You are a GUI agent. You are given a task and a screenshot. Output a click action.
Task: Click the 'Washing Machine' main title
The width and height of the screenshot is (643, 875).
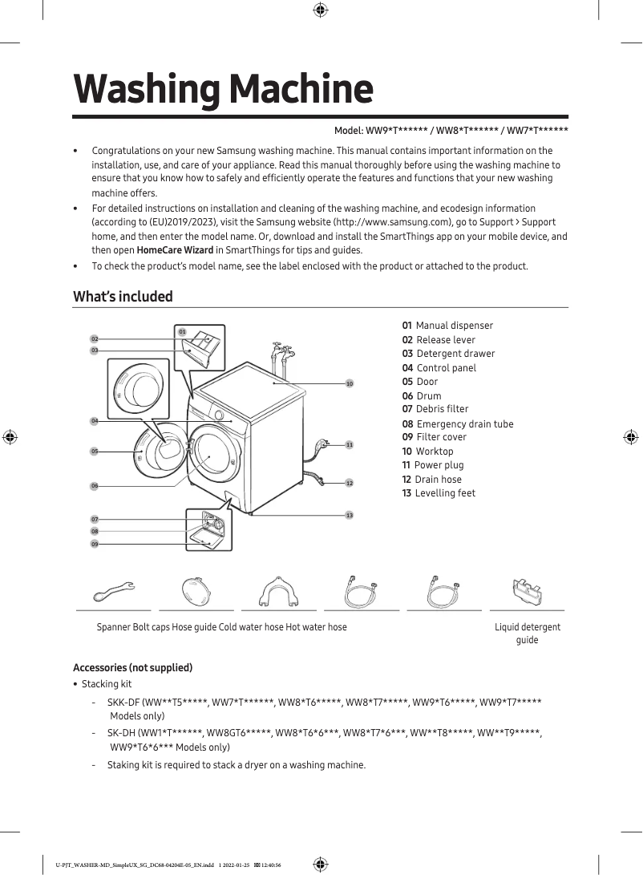[223, 89]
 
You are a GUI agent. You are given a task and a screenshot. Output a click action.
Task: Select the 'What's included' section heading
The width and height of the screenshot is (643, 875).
[123, 297]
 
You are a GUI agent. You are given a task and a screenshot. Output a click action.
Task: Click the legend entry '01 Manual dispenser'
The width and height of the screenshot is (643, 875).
[447, 326]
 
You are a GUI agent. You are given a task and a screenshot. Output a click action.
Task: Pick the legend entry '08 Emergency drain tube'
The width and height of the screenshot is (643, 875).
[458, 423]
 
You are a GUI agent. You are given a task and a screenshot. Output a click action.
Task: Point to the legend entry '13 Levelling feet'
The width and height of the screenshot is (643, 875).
[439, 493]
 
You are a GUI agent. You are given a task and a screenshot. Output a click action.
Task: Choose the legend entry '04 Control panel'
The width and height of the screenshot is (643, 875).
[439, 368]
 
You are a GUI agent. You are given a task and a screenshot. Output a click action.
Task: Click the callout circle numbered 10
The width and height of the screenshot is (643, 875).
[350, 384]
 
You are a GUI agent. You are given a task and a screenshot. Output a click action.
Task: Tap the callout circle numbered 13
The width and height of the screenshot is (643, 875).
[350, 515]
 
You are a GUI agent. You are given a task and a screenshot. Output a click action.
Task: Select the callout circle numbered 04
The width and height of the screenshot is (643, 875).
[95, 421]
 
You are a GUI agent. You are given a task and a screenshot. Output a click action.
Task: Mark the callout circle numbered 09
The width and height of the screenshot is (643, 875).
[95, 545]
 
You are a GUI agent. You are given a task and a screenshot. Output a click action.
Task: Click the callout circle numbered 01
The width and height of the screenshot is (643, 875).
[182, 332]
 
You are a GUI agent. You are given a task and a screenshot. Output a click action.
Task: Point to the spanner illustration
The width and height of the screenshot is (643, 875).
[114, 592]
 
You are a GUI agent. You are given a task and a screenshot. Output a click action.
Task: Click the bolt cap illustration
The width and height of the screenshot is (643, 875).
[196, 593]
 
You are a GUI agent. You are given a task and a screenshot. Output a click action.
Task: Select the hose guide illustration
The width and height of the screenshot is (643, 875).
[279, 592]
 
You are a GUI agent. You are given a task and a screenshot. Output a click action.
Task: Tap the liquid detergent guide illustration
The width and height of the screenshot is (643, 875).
[527, 592]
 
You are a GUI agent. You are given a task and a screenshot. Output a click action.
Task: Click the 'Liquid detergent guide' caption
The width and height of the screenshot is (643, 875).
[527, 633]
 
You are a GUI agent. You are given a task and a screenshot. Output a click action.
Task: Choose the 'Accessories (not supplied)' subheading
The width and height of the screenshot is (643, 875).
[132, 668]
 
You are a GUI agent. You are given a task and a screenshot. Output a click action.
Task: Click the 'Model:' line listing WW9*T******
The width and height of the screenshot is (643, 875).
[451, 131]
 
